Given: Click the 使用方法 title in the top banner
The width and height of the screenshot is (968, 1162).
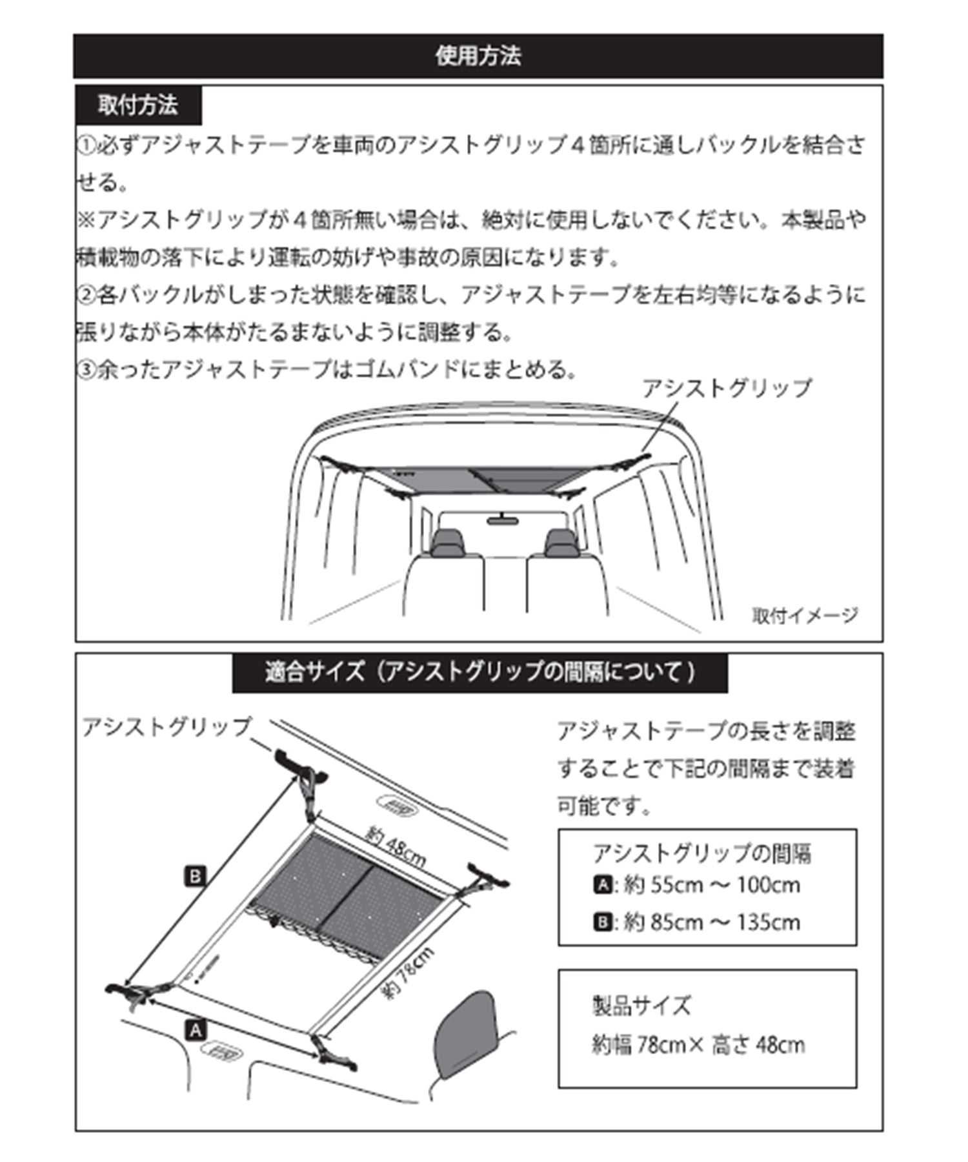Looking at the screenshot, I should coord(478,56).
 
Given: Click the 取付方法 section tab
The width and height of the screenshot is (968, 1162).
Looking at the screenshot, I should coord(137,105).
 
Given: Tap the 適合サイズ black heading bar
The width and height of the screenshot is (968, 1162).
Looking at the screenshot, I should coord(479,673).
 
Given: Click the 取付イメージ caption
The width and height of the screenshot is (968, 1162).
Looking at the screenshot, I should coord(804,615).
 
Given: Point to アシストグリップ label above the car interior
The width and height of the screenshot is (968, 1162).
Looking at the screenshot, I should coord(727,388).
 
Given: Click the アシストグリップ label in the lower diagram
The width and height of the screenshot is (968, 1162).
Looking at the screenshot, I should coord(166,727).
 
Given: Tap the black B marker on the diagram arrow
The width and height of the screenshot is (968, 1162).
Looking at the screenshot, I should coord(195,877).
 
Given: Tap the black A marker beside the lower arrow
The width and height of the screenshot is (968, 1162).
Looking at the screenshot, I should coord(196,1030).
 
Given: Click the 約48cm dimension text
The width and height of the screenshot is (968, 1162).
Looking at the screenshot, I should coord(395,846).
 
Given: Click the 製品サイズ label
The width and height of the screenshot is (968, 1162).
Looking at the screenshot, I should coord(641,1005).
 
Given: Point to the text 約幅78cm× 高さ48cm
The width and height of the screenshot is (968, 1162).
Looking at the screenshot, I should coord(698,1044).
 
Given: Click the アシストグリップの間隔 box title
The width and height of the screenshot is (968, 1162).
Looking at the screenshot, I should coord(701,853).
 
